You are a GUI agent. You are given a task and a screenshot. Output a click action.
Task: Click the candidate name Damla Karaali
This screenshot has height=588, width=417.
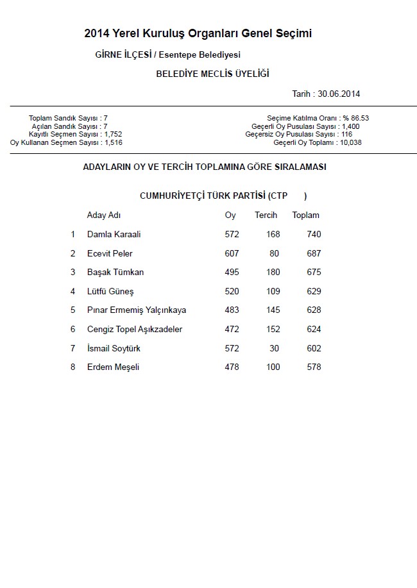[114, 235]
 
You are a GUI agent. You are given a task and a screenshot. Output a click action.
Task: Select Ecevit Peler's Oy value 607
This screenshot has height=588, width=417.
[232, 253]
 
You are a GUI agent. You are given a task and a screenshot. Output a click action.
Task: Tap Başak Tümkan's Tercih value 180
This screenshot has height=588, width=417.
[273, 273]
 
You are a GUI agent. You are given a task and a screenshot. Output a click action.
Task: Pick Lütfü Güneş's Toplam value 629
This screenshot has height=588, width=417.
[314, 292]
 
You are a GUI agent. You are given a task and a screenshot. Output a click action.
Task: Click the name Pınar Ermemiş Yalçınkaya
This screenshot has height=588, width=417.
[137, 310]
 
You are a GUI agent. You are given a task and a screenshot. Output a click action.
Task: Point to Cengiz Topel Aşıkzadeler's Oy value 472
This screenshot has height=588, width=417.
[232, 330]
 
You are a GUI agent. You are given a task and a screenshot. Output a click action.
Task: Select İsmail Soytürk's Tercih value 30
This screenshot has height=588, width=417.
[275, 348]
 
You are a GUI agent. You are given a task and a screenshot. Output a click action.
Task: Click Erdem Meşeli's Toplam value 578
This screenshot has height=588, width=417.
[314, 367]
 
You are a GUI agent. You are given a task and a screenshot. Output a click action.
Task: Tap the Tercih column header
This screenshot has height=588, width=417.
[266, 215]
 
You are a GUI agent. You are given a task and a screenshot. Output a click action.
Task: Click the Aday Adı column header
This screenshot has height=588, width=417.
[104, 215]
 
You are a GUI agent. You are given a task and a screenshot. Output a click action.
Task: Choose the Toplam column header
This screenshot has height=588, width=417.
[305, 215]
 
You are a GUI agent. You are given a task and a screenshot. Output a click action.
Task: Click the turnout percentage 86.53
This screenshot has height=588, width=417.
[361, 118]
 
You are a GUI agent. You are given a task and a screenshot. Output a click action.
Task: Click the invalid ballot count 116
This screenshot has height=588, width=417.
[346, 135]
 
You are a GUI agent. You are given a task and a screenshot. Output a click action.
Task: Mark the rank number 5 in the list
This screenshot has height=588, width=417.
[73, 310]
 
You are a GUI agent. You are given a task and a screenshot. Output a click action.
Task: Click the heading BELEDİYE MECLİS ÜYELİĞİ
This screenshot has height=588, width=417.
[212, 74]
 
